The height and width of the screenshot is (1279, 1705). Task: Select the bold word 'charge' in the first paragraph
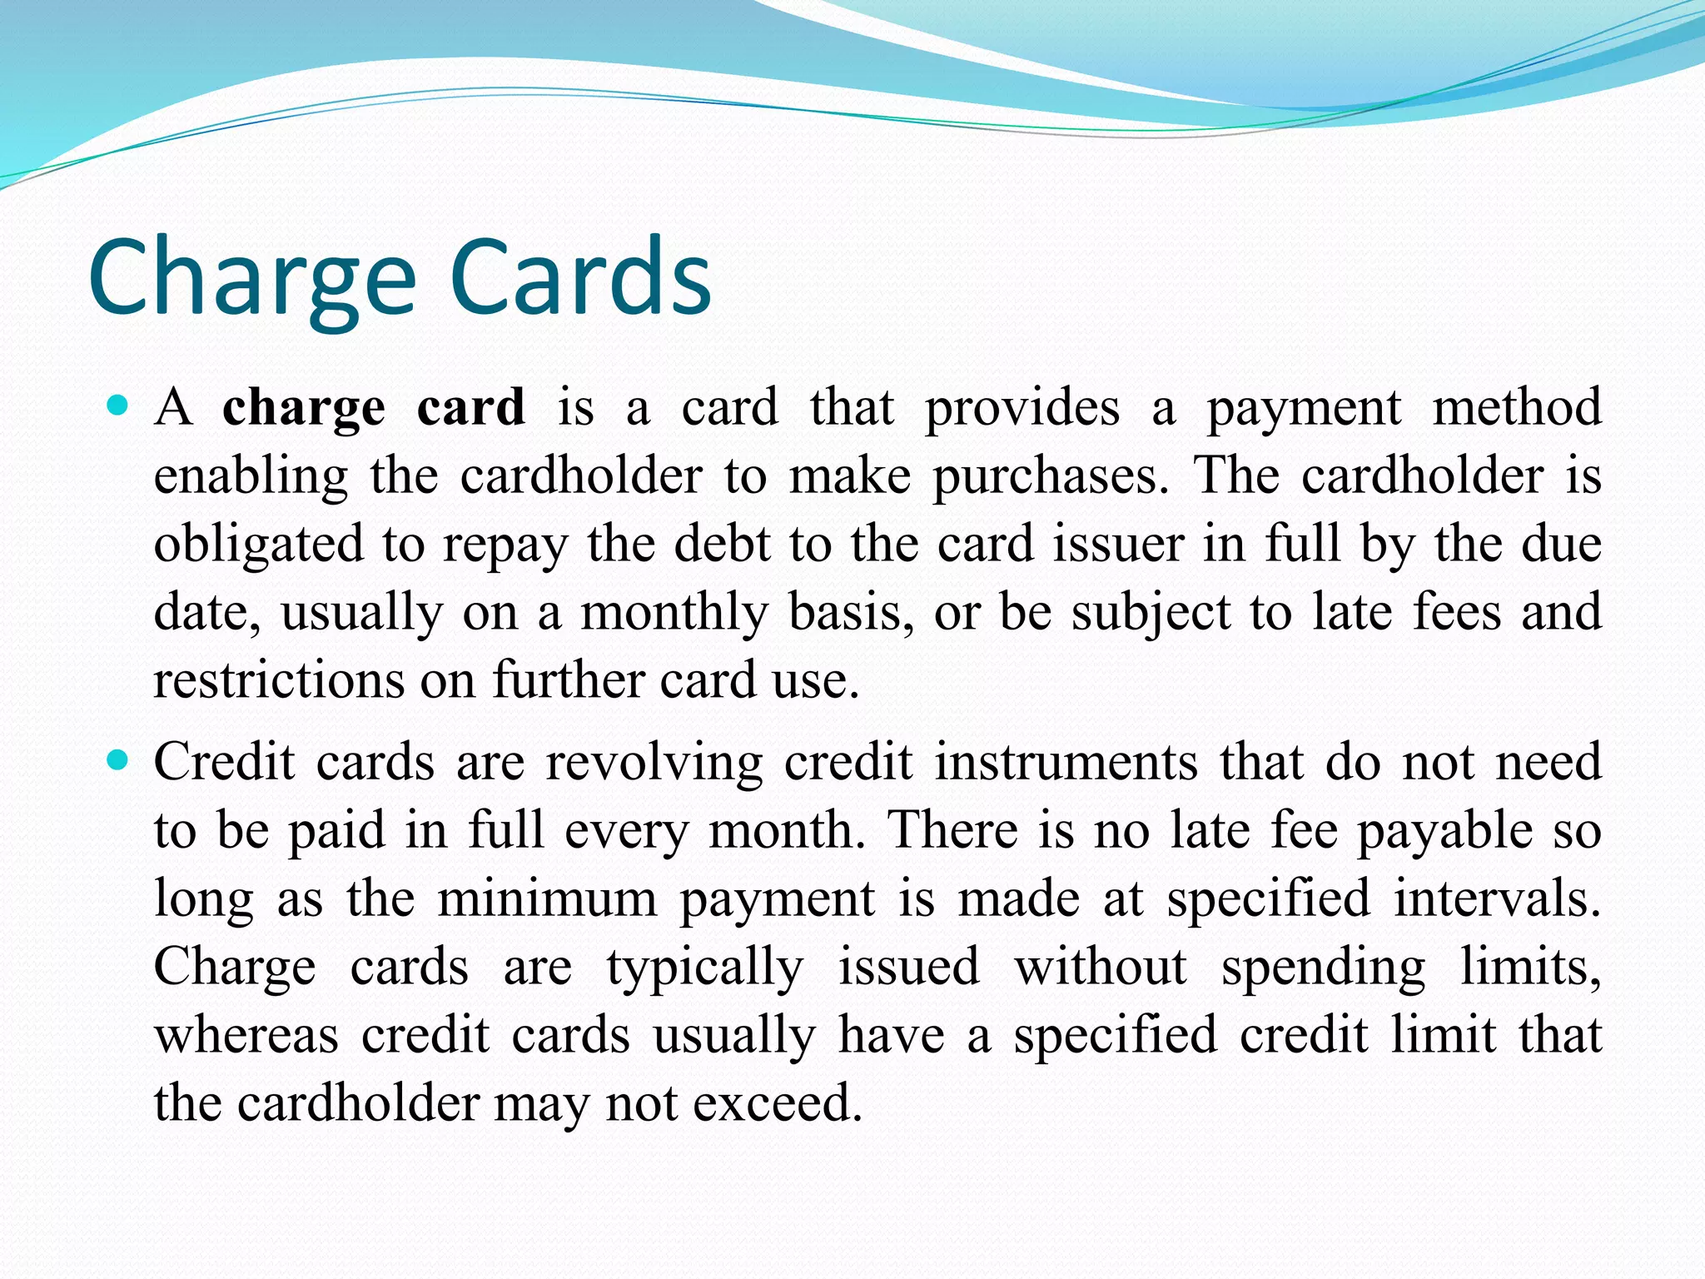point(304,408)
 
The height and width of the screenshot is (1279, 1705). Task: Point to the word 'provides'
point(1022,408)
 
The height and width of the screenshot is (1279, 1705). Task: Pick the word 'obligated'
point(259,545)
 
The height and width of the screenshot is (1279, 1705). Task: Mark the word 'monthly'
point(674,613)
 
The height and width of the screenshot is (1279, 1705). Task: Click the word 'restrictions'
point(278,679)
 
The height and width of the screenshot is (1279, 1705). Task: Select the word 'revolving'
point(654,763)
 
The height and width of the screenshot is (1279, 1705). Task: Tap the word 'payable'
point(1445,831)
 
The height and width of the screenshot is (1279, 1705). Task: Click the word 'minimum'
point(547,899)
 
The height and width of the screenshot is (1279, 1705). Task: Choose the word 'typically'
point(704,968)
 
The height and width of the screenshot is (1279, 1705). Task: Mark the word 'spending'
point(1323,968)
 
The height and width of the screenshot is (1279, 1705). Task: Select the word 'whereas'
point(246,1036)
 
